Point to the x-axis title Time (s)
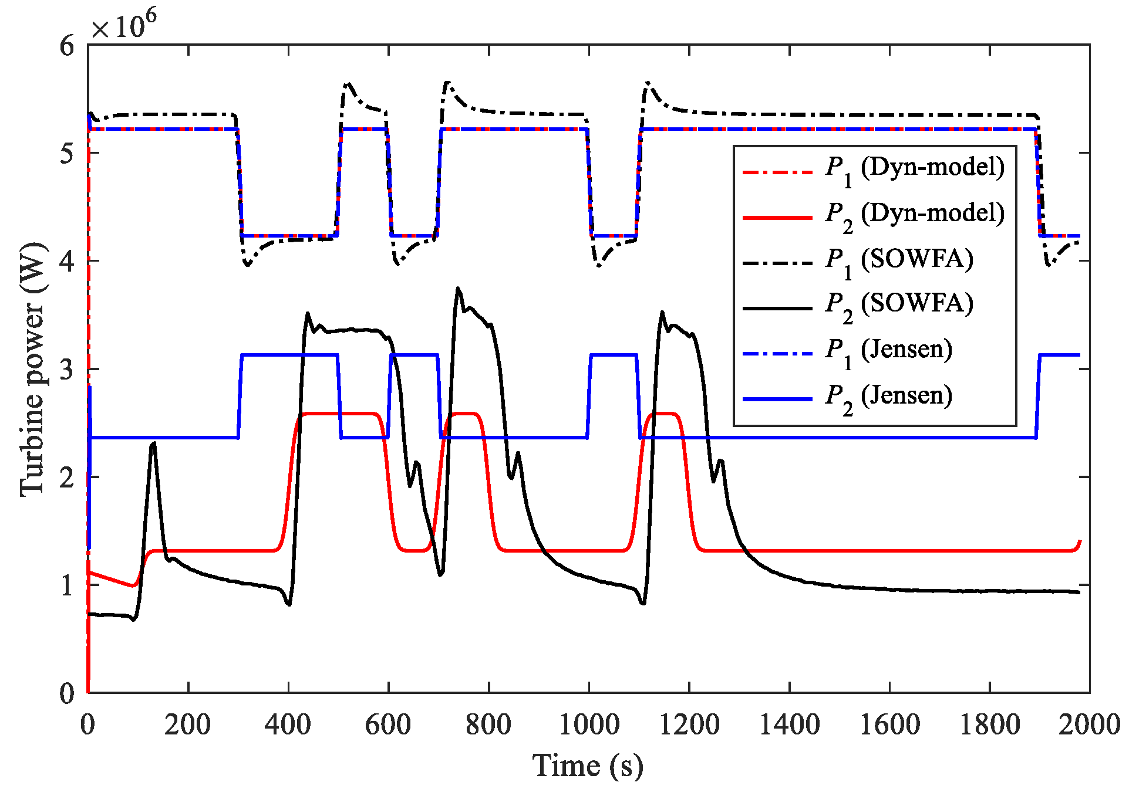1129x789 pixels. point(588,766)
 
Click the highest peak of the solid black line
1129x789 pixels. point(458,288)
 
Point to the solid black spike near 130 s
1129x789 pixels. point(153,443)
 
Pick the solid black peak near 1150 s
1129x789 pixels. point(662,312)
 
